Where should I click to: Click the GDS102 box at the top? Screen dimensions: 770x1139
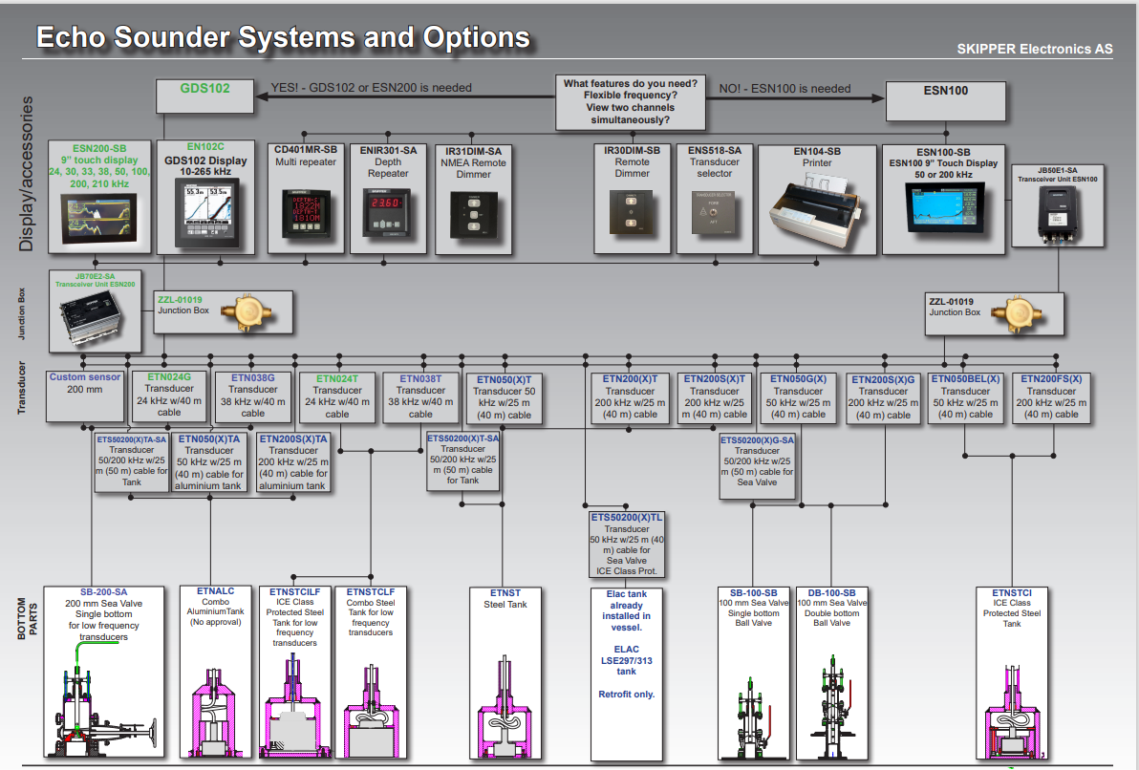(206, 95)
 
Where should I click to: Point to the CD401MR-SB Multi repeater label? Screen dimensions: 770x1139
(306, 157)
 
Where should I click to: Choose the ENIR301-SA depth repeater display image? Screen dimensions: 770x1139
(388, 217)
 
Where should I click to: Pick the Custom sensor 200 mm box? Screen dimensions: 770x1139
(85, 396)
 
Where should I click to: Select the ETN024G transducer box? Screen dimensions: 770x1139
(169, 396)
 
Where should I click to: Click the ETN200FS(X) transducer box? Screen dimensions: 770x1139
(1051, 396)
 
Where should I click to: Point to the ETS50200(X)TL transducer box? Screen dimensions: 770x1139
(627, 544)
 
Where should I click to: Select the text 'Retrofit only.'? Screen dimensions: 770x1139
(626, 694)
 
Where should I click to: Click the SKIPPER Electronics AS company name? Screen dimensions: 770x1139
(1034, 49)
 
